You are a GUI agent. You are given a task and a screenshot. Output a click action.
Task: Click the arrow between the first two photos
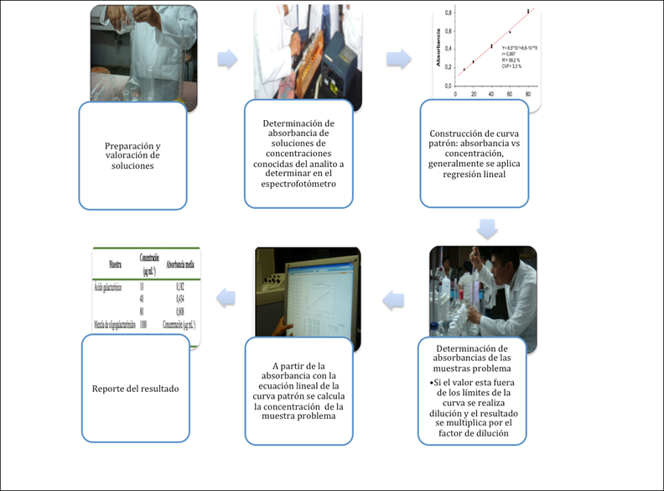(x=226, y=60)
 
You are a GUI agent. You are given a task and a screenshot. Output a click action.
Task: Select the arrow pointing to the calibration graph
(x=398, y=59)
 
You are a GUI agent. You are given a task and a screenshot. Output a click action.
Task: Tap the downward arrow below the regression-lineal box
(x=487, y=228)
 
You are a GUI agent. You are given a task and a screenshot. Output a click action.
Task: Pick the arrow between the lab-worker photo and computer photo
(x=395, y=295)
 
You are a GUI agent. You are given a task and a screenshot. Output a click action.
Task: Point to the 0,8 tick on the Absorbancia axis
(x=449, y=13)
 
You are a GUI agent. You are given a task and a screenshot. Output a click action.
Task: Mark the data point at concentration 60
(x=510, y=33)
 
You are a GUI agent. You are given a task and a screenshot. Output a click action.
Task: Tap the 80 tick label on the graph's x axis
(x=527, y=93)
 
